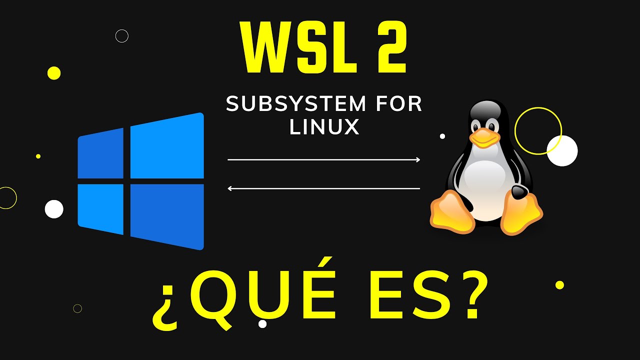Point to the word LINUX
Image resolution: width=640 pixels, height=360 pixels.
pos(324,127)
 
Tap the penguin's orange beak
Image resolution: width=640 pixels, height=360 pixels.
pos(484,137)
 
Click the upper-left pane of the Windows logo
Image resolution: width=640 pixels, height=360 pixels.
pos(101,153)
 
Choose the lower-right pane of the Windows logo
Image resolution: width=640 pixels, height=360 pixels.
pos(167,216)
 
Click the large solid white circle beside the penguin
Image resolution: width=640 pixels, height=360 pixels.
pos(562,151)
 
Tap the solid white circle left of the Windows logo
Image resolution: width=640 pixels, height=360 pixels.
pos(54,209)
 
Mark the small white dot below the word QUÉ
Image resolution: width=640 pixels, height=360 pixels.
pos(262,324)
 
